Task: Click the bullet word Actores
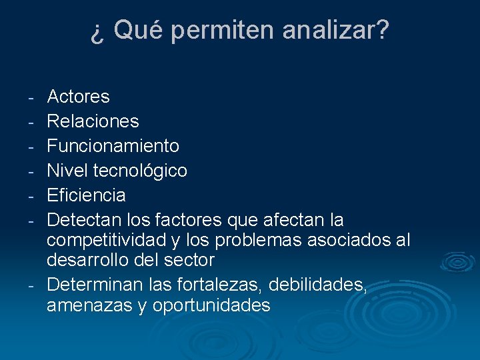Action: click(78, 97)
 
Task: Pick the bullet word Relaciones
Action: click(93, 121)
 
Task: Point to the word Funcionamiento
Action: click(113, 146)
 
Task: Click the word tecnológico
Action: click(140, 171)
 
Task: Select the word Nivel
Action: click(68, 171)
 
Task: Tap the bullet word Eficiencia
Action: click(86, 195)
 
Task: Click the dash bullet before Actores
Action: click(31, 98)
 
